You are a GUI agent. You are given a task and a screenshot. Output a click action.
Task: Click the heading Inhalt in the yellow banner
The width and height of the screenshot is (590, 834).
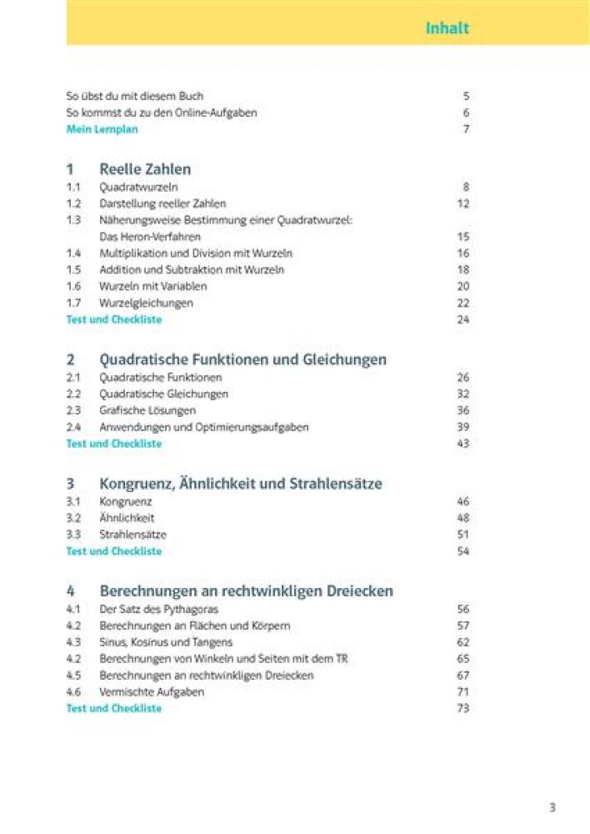(x=447, y=28)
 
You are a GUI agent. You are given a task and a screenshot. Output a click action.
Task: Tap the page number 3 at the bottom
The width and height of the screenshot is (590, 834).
(x=552, y=806)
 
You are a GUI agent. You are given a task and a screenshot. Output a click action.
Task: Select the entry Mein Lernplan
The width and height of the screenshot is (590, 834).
(x=102, y=129)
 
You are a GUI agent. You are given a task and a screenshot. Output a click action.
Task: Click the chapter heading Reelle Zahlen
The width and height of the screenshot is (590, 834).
(x=145, y=169)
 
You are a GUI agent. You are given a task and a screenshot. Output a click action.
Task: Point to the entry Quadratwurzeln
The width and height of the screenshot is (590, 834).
(x=138, y=187)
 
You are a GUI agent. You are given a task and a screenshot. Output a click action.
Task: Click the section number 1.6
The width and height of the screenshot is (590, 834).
(x=73, y=286)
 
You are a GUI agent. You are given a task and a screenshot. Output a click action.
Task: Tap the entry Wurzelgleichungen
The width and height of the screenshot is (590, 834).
(x=146, y=303)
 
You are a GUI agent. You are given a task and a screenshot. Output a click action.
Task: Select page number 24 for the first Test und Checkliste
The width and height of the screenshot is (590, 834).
(x=463, y=319)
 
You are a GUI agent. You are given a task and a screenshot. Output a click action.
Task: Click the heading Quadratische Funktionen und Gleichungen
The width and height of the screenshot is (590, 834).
(x=242, y=359)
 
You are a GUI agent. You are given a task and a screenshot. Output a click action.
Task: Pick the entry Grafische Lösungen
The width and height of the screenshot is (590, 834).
(x=147, y=410)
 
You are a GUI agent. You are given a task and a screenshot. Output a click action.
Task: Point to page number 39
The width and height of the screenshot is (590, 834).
(x=463, y=427)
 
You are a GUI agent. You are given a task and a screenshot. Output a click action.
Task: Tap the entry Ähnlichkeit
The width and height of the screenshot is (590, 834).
(x=127, y=518)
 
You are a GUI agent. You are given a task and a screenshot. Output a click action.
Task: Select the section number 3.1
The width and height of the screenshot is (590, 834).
(x=73, y=501)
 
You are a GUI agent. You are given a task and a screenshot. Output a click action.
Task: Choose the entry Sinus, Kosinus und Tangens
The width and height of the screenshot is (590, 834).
(x=166, y=642)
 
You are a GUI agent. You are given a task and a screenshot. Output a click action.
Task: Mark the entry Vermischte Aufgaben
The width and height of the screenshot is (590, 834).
(x=151, y=692)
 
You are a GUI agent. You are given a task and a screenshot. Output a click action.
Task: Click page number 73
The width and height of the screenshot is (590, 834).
(x=463, y=708)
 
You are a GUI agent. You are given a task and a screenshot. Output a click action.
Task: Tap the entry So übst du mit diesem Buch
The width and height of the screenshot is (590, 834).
(x=134, y=96)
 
